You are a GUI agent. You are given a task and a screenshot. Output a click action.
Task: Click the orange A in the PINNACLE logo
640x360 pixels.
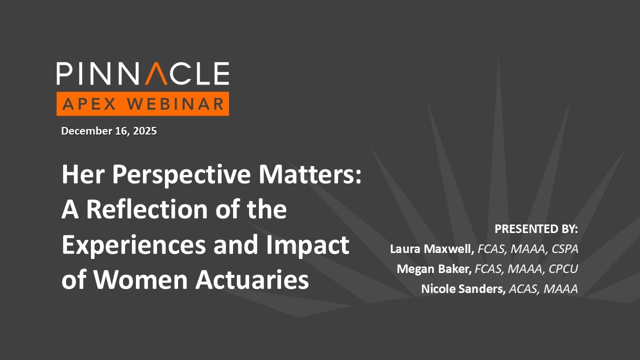click(156, 73)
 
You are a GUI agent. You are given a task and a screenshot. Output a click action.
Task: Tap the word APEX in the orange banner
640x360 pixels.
click(89, 103)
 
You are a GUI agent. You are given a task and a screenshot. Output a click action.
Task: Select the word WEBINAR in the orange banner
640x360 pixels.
click(175, 103)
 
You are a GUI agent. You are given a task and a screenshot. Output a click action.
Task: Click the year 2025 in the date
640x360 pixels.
click(145, 131)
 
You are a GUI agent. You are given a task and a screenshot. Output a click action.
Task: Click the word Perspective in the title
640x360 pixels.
click(181, 175)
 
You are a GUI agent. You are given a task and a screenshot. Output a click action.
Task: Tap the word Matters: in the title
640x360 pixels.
click(310, 174)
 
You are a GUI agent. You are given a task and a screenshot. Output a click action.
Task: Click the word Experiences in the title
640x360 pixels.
click(133, 245)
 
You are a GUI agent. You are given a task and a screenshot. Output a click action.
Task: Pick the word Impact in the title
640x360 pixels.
click(307, 245)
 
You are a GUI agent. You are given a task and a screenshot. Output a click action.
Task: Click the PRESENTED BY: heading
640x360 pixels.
click(536, 229)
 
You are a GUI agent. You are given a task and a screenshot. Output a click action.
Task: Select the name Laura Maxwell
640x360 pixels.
click(432, 249)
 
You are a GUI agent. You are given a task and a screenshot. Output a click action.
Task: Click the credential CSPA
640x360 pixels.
click(565, 249)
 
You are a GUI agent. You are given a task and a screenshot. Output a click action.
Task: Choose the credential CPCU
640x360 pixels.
click(563, 269)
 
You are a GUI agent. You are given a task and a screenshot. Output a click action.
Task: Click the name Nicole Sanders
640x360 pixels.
click(463, 289)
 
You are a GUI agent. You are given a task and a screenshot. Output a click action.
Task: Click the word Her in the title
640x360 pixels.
click(83, 174)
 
